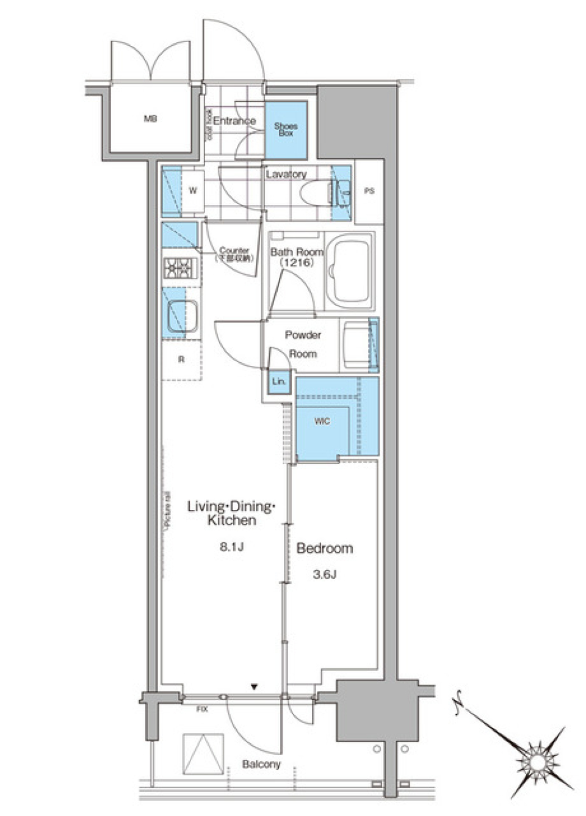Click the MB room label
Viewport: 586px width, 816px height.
[x=150, y=119]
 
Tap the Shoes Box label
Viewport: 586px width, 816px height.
[x=286, y=129]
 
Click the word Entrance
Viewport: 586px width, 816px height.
[x=234, y=121]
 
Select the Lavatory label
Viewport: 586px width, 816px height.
[x=286, y=174]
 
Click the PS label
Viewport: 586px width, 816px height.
[x=369, y=191]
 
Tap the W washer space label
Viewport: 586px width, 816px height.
[x=193, y=191]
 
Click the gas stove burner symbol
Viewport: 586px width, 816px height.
[x=181, y=268]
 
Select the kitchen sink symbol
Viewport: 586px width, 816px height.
[x=182, y=317]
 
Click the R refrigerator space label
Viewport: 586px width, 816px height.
[x=181, y=360]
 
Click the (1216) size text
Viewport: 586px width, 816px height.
[x=297, y=263]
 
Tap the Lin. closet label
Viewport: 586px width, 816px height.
[x=279, y=382]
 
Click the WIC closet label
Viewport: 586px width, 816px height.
[x=322, y=421]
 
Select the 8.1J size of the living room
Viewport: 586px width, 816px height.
[x=232, y=547]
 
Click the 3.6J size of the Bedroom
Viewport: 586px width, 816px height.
[x=325, y=574]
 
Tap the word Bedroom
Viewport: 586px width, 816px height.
[x=324, y=548]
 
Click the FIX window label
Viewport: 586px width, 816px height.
[x=202, y=709]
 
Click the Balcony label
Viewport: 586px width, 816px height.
[x=261, y=764]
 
